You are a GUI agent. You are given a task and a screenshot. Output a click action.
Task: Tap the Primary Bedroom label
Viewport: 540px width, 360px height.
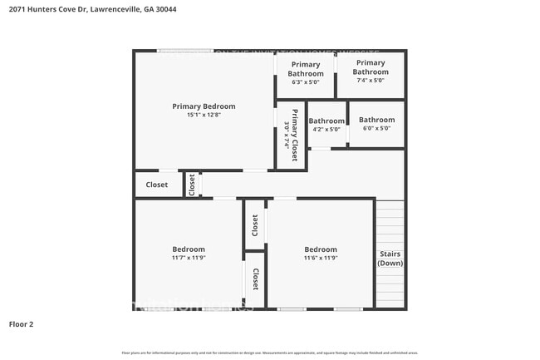(x=204, y=106)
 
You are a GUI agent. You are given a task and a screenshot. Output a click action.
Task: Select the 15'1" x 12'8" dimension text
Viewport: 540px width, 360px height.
(x=204, y=116)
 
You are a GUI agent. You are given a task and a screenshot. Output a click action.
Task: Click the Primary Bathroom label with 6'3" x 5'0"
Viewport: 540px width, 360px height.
(x=306, y=69)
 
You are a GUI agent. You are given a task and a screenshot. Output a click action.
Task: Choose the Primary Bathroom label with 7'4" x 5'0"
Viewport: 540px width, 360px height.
(x=371, y=67)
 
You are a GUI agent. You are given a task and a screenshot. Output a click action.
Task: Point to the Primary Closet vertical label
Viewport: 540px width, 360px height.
(x=295, y=136)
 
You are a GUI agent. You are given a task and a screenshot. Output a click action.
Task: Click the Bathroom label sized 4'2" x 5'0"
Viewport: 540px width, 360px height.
(x=326, y=121)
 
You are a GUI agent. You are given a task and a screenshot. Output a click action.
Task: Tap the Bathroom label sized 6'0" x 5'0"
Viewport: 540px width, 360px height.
(x=376, y=120)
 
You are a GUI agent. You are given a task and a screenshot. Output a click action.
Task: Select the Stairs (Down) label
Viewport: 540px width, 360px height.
(x=390, y=259)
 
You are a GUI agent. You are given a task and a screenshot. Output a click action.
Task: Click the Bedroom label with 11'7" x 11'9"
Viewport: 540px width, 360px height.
(x=189, y=249)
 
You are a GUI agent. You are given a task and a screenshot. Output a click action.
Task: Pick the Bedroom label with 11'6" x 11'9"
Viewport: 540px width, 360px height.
(x=321, y=249)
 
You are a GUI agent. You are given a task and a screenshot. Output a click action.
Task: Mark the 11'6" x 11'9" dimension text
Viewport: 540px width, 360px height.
(x=321, y=259)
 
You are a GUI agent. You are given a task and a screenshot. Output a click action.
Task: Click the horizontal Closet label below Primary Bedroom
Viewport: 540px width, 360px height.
(x=157, y=185)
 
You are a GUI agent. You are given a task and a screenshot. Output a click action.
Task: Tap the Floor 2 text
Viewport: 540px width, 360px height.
(x=22, y=324)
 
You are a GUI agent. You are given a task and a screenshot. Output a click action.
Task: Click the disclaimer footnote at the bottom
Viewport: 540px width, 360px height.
(x=269, y=353)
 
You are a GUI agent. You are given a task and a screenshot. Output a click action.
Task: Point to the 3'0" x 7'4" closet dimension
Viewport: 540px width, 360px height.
(x=287, y=136)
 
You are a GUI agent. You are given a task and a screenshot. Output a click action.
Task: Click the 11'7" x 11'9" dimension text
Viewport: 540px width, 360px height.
(x=189, y=259)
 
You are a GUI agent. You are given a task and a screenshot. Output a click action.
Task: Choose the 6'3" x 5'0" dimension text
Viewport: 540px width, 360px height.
(x=306, y=82)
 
